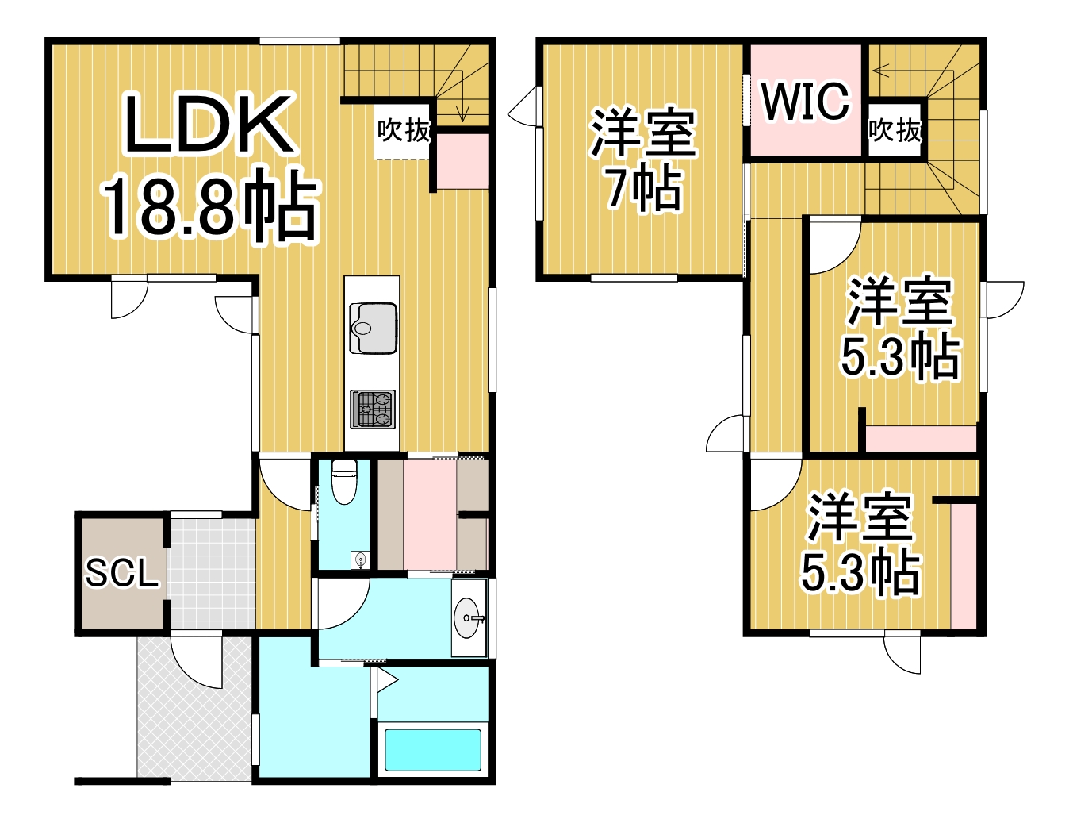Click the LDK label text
coord(209,124)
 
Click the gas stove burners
coord(373,409)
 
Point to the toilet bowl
coord(344,482)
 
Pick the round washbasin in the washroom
coord(468,618)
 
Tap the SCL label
coord(122,573)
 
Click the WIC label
coord(805,101)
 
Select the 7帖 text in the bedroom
coord(643,188)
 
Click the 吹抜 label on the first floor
coord(404,130)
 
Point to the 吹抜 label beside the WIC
coord(895,130)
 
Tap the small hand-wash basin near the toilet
coord(361,560)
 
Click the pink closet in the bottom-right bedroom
coord(964,563)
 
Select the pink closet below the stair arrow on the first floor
coord(462,162)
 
